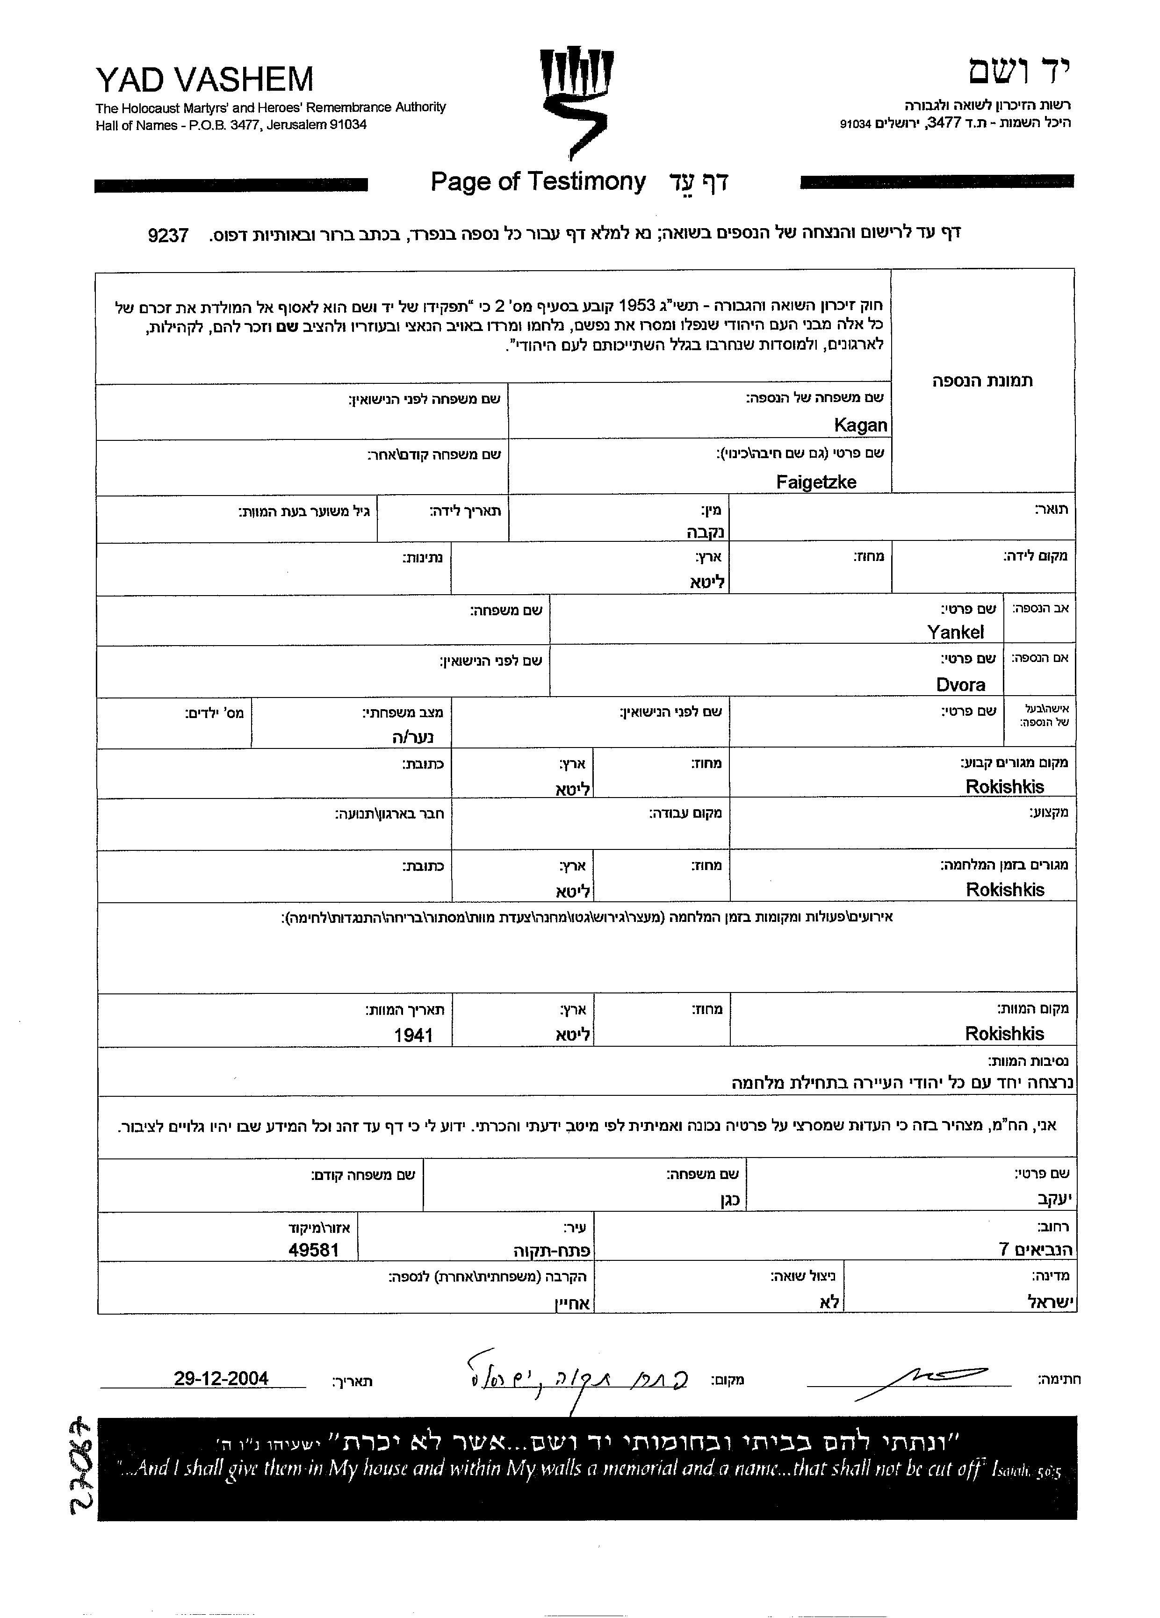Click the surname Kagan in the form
pos(860,425)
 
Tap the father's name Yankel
pos(955,632)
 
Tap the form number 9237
pos(168,236)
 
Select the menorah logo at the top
pos(576,100)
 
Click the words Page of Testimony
pos(538,182)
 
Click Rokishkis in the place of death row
pos(1004,1033)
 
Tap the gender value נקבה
pos(705,532)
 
